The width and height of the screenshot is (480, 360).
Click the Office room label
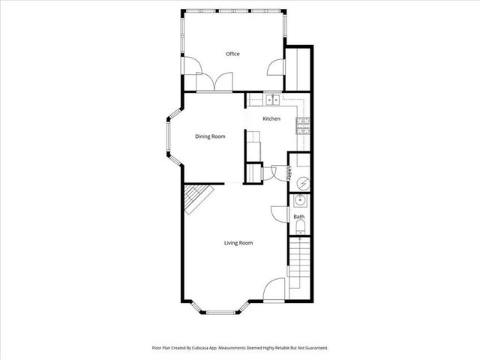[232, 54]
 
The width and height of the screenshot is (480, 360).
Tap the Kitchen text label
[271, 119]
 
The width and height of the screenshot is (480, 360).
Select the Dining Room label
[210, 136]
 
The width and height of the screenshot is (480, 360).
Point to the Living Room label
[238, 243]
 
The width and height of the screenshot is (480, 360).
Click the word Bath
[298, 217]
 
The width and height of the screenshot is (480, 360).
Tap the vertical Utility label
[289, 173]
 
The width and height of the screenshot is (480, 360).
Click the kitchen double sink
[271, 99]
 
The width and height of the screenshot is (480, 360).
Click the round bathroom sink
[299, 200]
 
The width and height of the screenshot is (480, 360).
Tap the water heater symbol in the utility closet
[300, 183]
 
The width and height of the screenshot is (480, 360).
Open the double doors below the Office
[214, 82]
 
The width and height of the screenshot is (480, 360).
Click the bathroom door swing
[279, 216]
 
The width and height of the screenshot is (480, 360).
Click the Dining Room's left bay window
[169, 136]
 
